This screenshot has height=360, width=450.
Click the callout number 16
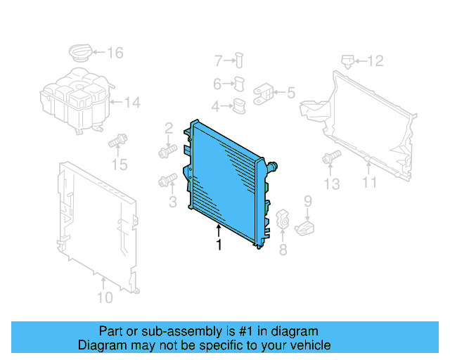pos(115,53)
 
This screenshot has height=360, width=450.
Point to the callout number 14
pos(132,103)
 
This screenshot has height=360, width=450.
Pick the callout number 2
pos(169,128)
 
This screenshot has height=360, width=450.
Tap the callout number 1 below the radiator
pos(219,245)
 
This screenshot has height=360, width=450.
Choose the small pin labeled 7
pos(240,60)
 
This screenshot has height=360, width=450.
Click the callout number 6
pos(217,84)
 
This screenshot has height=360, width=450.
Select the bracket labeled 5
pos(264,94)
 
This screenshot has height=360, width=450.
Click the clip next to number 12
pos(347,60)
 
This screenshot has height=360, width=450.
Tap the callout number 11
pos(370,183)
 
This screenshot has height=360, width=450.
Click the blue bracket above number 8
pos(282,219)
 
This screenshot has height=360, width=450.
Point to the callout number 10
pos(104,298)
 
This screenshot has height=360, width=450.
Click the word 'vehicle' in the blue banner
pos(307,345)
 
